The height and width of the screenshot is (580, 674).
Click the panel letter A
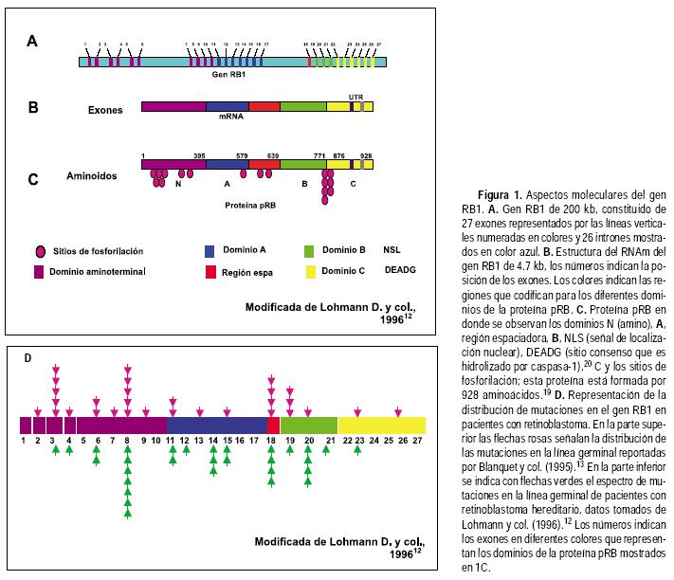32,42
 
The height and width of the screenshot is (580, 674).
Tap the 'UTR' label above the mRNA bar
355,97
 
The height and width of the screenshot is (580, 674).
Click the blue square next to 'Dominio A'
210,252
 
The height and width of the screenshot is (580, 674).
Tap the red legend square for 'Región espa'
210,272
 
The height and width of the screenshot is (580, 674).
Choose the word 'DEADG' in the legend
395,271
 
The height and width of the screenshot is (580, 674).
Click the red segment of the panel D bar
273,426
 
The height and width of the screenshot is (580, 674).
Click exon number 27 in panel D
418,441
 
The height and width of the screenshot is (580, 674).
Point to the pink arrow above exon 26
399,411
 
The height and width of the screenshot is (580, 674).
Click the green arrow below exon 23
357,452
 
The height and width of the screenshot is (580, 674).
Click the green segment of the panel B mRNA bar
303,107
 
